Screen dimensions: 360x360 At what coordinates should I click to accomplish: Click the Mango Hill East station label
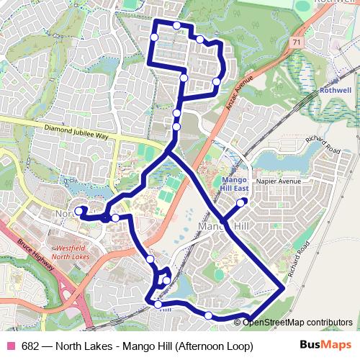[x=235, y=183]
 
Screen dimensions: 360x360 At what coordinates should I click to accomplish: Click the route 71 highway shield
[x=297, y=44]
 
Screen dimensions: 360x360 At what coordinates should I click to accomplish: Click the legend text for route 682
[x=138, y=346]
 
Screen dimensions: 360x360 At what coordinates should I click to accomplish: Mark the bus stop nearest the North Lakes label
[x=78, y=211]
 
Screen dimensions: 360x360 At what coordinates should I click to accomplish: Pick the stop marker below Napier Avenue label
[x=240, y=202]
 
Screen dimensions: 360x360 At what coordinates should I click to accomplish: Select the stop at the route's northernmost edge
[x=177, y=25]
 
